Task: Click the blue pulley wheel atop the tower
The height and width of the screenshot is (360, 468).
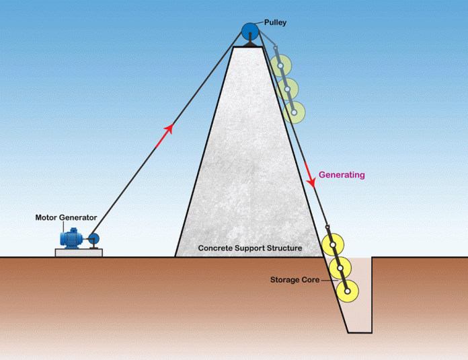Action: click(x=250, y=31)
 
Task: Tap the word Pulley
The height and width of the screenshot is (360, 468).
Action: click(x=275, y=22)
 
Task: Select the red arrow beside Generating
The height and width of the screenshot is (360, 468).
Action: click(x=310, y=176)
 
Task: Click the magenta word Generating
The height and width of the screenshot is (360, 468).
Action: click(x=342, y=175)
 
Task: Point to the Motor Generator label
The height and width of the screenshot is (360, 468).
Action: click(x=66, y=217)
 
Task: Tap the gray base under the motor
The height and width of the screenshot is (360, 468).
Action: click(x=79, y=252)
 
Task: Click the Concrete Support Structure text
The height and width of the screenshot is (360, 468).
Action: click(x=250, y=248)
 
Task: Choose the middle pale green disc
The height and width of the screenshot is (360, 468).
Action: click(x=287, y=89)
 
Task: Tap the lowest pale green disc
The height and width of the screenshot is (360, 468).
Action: click(x=293, y=111)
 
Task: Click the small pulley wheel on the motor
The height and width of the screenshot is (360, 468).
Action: click(x=93, y=239)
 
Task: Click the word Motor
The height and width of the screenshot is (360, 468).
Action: click(x=48, y=217)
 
